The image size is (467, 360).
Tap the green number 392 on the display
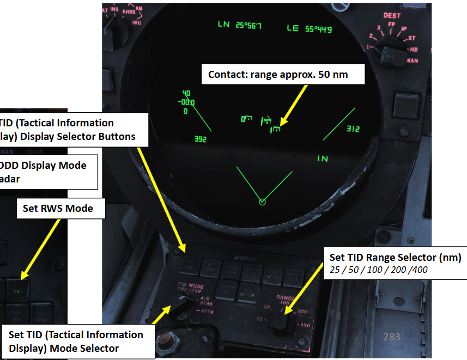tap(201, 139)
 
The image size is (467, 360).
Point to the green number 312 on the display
tap(353, 129)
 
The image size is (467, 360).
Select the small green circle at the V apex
tap(262, 202)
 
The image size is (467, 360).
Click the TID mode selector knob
tap(181, 307)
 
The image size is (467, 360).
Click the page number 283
tap(392, 337)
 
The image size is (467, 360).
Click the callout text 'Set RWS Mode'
tap(58, 208)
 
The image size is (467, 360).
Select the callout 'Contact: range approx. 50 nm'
tap(278, 74)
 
